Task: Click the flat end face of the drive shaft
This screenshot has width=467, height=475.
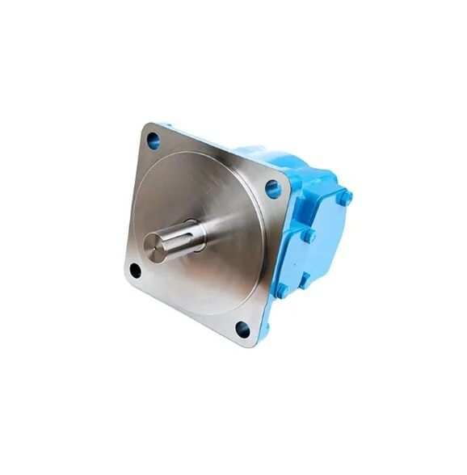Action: (x=154, y=246)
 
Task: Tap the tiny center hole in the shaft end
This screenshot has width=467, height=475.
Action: (x=154, y=246)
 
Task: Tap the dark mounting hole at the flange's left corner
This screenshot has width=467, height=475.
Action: (x=135, y=271)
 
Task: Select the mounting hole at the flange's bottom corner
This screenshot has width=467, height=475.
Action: (x=243, y=328)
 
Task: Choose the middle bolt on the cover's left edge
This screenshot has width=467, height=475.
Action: (x=308, y=237)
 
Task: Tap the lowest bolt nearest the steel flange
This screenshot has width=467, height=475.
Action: (x=282, y=289)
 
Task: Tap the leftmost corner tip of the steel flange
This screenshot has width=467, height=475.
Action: (x=124, y=275)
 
